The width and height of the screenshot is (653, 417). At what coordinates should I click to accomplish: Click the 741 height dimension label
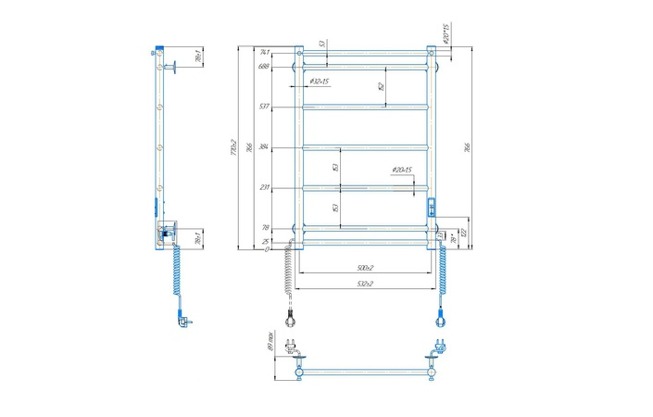(x=264, y=53)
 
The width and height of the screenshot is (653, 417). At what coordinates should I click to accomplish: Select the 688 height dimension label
(x=264, y=66)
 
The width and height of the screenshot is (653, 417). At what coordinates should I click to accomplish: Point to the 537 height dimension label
(x=264, y=107)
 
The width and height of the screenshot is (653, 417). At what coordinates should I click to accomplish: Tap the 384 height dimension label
(x=264, y=147)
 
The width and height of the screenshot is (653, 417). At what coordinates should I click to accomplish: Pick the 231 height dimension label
(x=264, y=188)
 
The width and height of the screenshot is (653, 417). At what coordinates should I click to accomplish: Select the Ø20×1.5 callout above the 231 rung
(x=401, y=170)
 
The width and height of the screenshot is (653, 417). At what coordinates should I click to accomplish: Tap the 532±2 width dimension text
(x=362, y=284)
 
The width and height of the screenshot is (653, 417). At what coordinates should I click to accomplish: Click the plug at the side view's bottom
(x=181, y=320)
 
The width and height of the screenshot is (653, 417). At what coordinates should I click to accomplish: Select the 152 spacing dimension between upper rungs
(x=381, y=86)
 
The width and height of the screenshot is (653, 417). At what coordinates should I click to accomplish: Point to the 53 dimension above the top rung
(x=322, y=43)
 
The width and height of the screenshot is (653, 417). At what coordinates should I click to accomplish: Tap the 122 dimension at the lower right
(x=462, y=232)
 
